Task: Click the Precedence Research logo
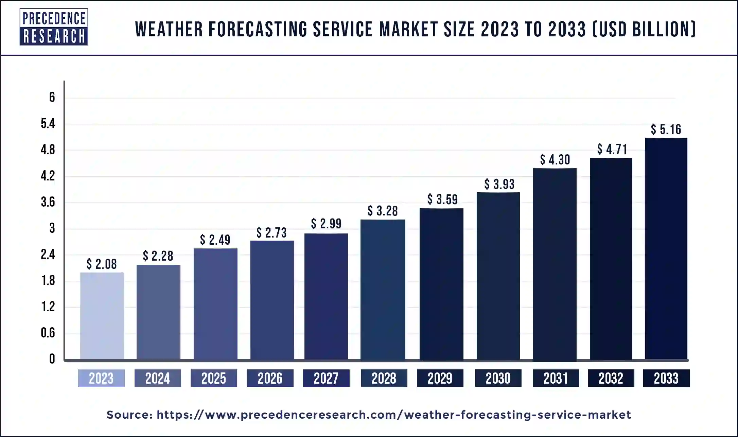point(54,27)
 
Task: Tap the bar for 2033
point(666,248)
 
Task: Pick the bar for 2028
point(383,289)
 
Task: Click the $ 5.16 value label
point(666,129)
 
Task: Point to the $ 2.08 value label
point(102,264)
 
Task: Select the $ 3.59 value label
point(442,199)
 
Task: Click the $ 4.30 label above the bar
point(555,160)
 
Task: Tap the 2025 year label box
point(214,378)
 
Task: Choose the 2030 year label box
point(498,378)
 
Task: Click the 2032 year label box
point(611,378)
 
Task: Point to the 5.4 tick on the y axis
point(48,124)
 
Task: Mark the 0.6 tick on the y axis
point(48,333)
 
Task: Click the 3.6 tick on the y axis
point(48,202)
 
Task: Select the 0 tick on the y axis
point(52,359)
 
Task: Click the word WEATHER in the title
point(169,29)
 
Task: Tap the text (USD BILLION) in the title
point(645,29)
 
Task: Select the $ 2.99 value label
point(326,224)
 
